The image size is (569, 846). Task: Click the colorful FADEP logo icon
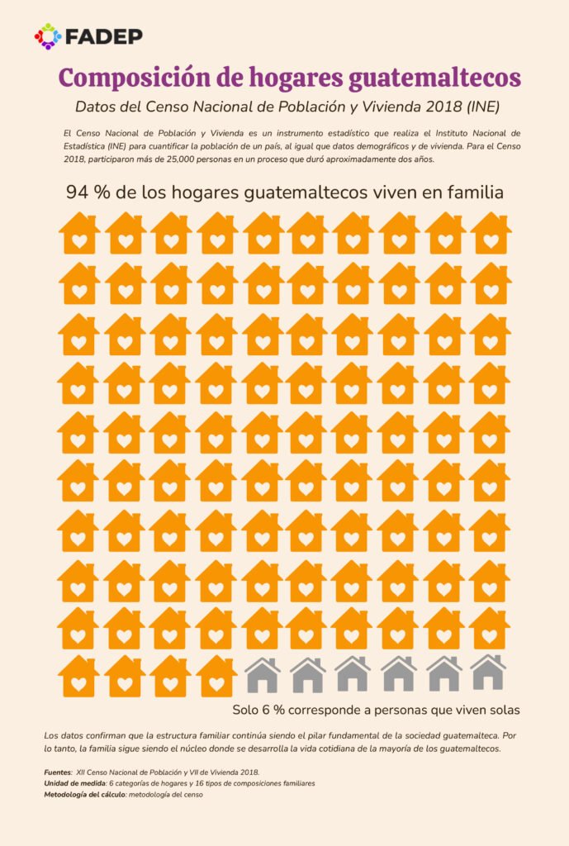(x=48, y=36)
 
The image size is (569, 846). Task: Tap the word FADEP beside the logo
(x=103, y=36)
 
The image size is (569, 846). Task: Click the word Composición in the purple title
(x=134, y=78)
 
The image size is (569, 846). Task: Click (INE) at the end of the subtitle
(x=479, y=107)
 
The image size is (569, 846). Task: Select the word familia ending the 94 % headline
(x=471, y=192)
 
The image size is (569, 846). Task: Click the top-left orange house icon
(x=79, y=233)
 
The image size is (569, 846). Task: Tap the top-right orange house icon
(x=491, y=233)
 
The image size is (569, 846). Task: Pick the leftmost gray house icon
(x=263, y=674)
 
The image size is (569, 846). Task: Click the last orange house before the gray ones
(x=216, y=676)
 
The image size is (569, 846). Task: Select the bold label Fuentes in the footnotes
(x=58, y=772)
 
